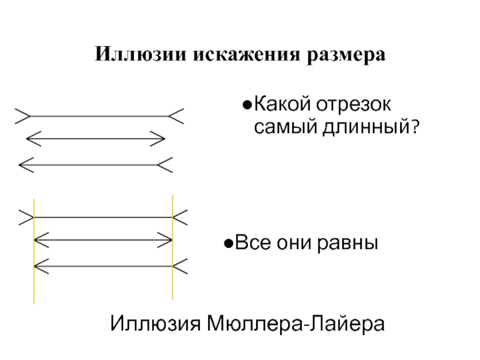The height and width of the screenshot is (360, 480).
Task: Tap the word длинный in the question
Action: (368, 127)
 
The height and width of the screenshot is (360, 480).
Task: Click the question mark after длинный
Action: (414, 127)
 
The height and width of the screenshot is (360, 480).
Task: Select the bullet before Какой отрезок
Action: (246, 106)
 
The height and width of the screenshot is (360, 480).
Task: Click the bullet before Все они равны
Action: (228, 244)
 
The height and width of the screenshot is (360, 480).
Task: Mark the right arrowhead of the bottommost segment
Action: (180, 264)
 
